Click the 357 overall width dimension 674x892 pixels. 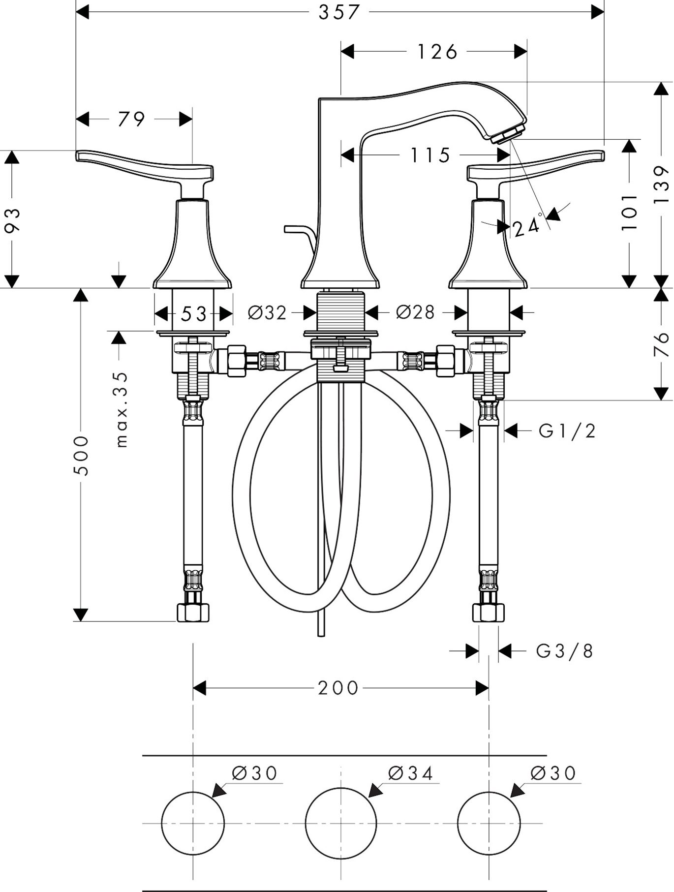(339, 12)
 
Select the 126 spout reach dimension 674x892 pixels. (437, 51)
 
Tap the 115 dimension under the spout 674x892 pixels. (430, 155)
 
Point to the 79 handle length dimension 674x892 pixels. (131, 119)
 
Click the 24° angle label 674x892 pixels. (527, 228)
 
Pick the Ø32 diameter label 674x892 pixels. (267, 312)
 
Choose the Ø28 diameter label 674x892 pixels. (416, 312)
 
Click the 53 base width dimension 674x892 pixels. (193, 314)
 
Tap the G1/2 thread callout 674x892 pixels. (567, 431)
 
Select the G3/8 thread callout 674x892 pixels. (565, 651)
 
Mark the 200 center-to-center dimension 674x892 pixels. (338, 688)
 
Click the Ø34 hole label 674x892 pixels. (411, 773)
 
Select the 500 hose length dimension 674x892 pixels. (81, 455)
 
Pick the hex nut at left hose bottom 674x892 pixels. (193, 613)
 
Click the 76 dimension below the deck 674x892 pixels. (662, 344)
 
